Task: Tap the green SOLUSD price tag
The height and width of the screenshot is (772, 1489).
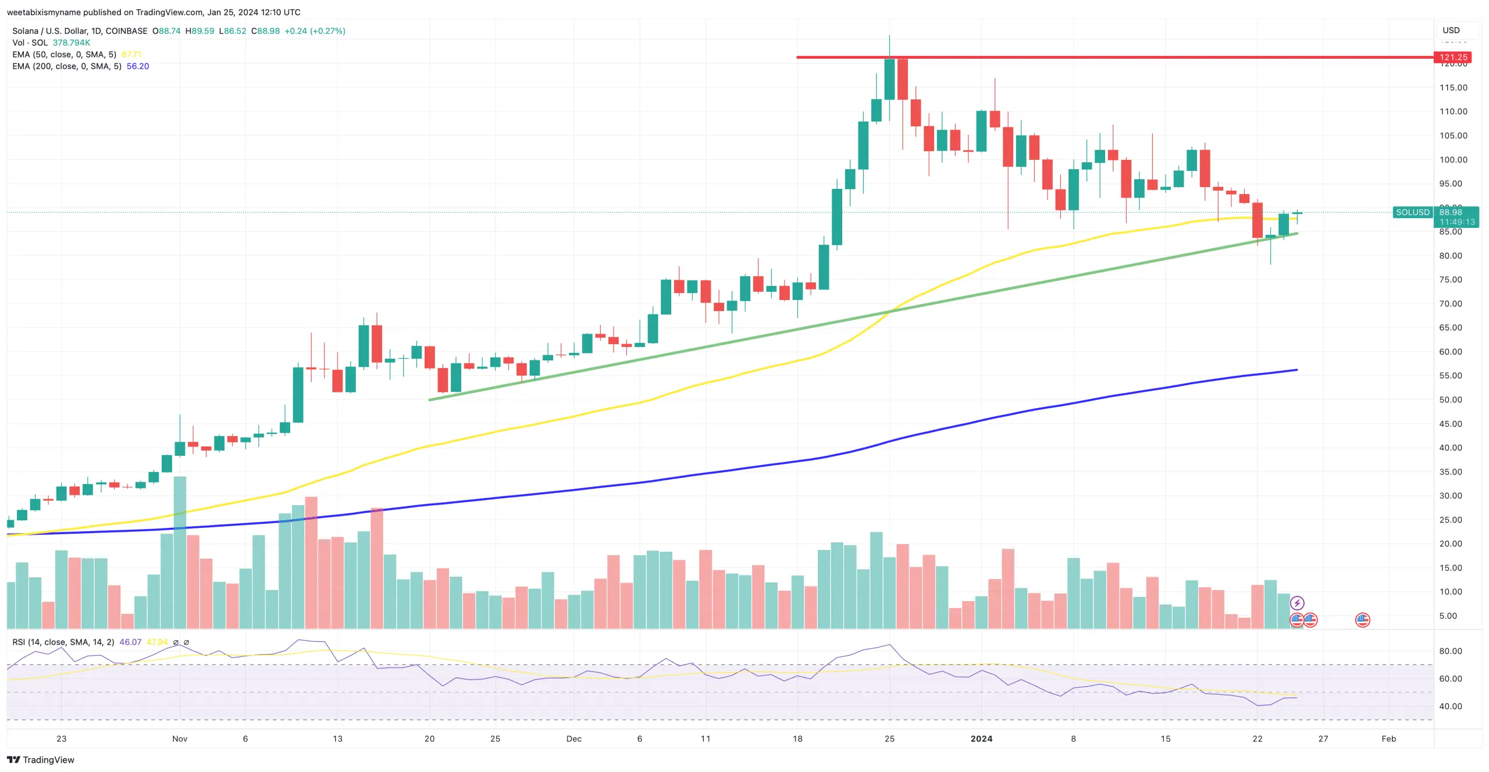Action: (1412, 212)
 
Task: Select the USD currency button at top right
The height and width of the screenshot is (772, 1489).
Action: (1451, 30)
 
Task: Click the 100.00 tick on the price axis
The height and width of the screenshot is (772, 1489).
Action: (1453, 159)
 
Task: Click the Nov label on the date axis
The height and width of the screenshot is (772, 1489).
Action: (180, 738)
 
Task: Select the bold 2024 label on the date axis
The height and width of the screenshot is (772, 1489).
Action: (981, 738)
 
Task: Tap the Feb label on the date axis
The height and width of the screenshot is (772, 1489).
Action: (1388, 738)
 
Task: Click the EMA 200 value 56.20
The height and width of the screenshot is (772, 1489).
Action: (138, 66)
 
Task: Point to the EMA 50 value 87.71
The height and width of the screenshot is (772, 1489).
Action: (131, 55)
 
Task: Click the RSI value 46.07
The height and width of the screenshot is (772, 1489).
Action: (130, 642)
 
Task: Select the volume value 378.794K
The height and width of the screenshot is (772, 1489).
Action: (72, 42)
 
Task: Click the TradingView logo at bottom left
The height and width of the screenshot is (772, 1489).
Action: (41, 760)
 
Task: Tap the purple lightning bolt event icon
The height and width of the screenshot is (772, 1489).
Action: (1296, 603)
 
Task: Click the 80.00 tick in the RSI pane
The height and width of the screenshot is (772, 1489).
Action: (1450, 651)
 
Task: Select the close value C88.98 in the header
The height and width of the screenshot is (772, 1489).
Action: (265, 31)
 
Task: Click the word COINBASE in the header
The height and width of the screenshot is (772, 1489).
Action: (126, 31)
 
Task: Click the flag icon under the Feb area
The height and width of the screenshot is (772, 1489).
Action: (1362, 620)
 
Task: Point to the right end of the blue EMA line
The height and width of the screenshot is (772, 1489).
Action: (1296, 370)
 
